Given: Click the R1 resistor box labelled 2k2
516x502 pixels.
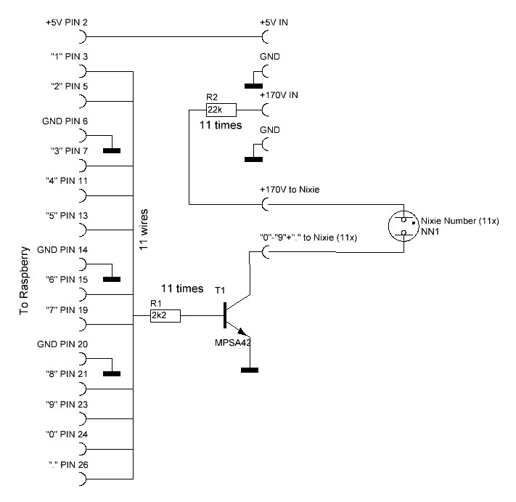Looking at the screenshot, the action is click(x=165, y=315).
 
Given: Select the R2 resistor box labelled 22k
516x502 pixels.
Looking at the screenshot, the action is click(x=221, y=110).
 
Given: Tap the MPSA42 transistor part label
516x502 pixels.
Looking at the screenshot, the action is click(x=233, y=343).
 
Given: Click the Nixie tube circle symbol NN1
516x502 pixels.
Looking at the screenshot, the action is click(x=404, y=226).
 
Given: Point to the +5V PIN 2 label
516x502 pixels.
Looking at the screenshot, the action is click(x=67, y=23).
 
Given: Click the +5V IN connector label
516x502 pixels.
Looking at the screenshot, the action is click(x=274, y=23).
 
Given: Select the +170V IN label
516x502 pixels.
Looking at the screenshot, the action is click(x=279, y=95).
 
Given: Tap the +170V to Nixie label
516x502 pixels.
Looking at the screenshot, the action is click(x=290, y=190).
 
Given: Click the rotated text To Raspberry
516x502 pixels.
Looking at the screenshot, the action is click(x=24, y=280).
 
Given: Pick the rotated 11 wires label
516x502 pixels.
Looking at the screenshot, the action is click(x=144, y=230).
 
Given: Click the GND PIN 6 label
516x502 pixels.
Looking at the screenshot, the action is click(x=65, y=121).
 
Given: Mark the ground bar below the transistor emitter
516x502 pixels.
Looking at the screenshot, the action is click(x=250, y=371).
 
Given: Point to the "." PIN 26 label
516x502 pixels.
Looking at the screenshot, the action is click(x=68, y=465).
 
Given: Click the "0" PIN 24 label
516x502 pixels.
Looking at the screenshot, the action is click(x=67, y=434).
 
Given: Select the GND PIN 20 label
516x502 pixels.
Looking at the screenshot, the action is click(x=62, y=344).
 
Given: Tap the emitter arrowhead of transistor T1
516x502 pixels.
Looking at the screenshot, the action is click(x=242, y=331).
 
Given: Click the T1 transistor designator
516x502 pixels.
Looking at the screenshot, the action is click(x=220, y=290).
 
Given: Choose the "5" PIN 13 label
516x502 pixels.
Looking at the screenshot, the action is click(x=67, y=216).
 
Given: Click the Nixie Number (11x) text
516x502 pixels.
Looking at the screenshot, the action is click(x=459, y=221).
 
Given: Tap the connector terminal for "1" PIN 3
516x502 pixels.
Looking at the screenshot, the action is click(x=83, y=71).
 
